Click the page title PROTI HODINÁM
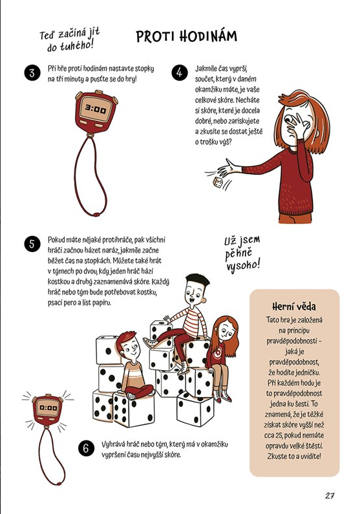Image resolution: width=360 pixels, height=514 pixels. (x=187, y=37)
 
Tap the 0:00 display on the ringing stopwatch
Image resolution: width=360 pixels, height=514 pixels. (x=47, y=409)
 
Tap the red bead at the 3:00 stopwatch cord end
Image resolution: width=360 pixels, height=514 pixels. (x=95, y=214)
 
